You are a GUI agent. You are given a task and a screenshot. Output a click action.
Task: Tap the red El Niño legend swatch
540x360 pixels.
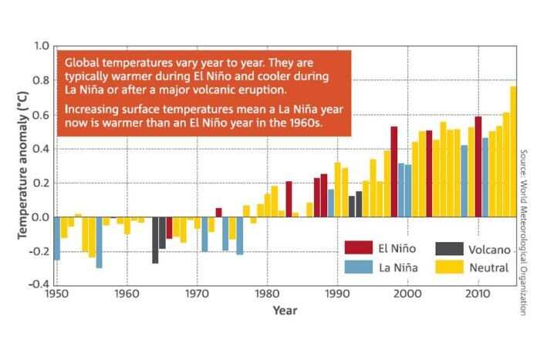click(359, 248)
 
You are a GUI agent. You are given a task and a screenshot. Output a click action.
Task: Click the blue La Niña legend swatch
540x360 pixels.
click(359, 267)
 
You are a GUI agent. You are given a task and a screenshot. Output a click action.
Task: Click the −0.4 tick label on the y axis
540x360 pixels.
click(36, 284)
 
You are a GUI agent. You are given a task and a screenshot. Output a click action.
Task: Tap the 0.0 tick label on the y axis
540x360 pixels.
click(39, 217)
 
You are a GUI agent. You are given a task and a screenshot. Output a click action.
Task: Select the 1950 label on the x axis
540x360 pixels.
click(56, 294)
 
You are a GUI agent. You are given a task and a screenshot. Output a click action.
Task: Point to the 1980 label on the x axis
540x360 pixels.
click(267, 294)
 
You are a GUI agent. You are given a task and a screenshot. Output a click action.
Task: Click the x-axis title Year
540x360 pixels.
click(284, 310)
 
